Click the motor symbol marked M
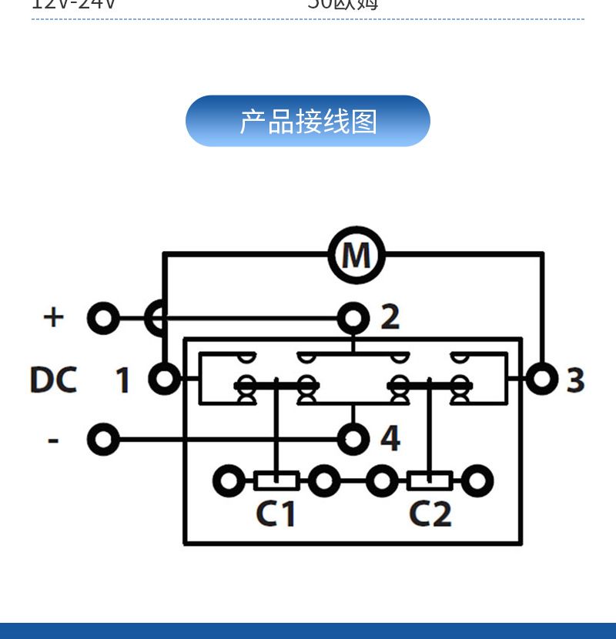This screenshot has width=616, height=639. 356,255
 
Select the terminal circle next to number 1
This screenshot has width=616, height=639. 164,379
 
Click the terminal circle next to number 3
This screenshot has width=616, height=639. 542,379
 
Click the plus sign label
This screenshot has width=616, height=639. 53,317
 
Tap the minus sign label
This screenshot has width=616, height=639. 53,440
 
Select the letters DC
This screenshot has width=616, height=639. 54,380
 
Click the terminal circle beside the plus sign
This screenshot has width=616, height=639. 103,317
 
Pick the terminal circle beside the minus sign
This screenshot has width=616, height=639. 103,440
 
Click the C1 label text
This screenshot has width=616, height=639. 276,514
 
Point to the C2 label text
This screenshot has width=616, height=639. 430,514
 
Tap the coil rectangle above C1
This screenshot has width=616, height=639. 276,482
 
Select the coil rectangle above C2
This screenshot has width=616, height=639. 430,482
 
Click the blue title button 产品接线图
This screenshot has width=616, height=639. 308,122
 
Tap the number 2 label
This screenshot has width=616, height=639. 390,317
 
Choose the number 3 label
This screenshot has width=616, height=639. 575,380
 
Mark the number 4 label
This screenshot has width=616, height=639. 390,440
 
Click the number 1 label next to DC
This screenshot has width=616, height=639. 123,380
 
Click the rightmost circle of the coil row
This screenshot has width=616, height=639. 477,482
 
